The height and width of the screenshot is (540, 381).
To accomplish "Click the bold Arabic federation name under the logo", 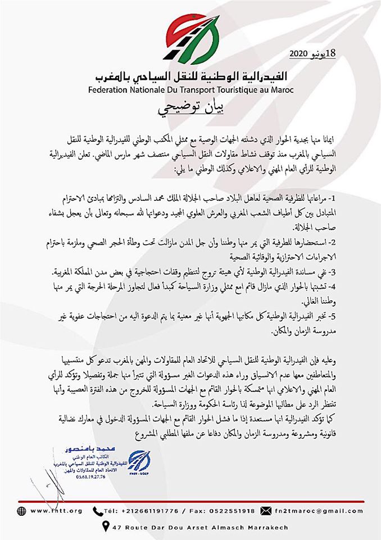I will click(x=191, y=76).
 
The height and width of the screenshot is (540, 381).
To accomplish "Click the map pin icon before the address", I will click(x=105, y=527).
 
